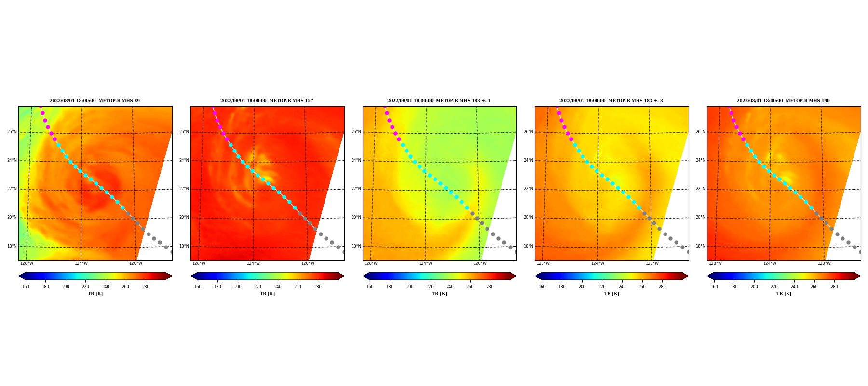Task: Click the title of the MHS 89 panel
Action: [95, 101]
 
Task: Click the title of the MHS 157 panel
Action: [267, 101]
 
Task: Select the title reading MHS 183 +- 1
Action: [439, 101]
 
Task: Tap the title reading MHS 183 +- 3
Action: [611, 101]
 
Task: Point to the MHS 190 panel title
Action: [783, 101]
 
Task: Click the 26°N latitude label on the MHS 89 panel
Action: [12, 132]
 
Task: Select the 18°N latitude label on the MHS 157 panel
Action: [184, 246]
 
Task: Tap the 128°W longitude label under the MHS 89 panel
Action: [27, 263]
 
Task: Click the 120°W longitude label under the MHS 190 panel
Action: [824, 263]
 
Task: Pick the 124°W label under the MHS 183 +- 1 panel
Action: [425, 263]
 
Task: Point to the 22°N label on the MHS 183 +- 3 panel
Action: [529, 189]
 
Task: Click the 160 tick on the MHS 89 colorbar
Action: [26, 287]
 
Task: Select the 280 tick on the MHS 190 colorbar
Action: [834, 287]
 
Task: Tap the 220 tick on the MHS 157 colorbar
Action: [258, 287]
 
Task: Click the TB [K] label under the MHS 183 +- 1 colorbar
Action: [439, 294]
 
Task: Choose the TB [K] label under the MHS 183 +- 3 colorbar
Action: [611, 294]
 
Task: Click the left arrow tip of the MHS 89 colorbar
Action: [18, 276]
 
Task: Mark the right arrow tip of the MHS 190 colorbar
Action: [861, 276]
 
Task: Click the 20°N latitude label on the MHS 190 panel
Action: [701, 217]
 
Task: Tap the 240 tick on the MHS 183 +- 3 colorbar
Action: [622, 287]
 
